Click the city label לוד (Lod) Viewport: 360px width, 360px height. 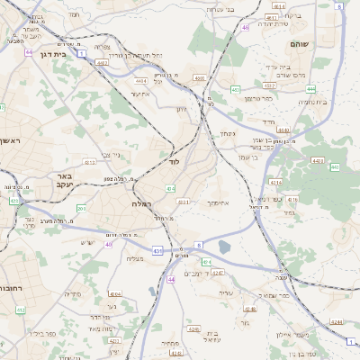click(x=174, y=162)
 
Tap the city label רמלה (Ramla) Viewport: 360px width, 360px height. click(x=141, y=204)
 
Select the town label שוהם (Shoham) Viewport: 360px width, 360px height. click(x=300, y=43)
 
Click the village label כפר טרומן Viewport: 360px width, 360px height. click(x=258, y=97)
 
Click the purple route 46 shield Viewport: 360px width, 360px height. click(x=245, y=28)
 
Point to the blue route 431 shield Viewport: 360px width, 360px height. click(x=157, y=249)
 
